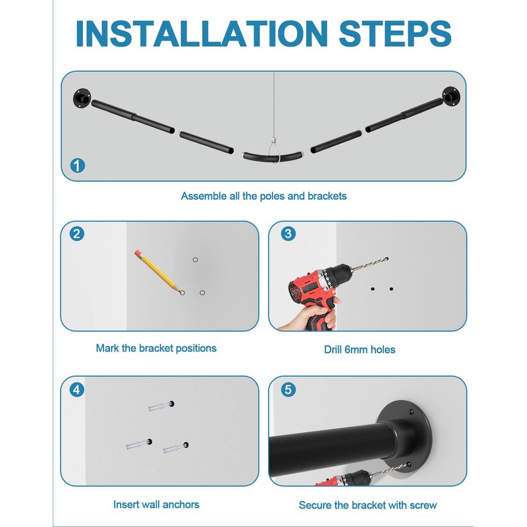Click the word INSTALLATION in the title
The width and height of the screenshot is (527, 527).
coord(202,34)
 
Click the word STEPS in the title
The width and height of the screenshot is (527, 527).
coord(395,34)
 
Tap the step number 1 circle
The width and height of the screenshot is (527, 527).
coord(78,166)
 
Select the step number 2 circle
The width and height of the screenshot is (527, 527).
coord(77,234)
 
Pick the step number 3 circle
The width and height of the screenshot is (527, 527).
coord(289,234)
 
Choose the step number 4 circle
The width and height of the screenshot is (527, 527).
coord(77,390)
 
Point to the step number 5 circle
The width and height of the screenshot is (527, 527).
coord(289,390)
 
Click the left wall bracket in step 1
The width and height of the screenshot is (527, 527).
coord(82,98)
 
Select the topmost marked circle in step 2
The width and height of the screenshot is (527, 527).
coord(195,260)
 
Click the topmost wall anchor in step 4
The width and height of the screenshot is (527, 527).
coord(161,406)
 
